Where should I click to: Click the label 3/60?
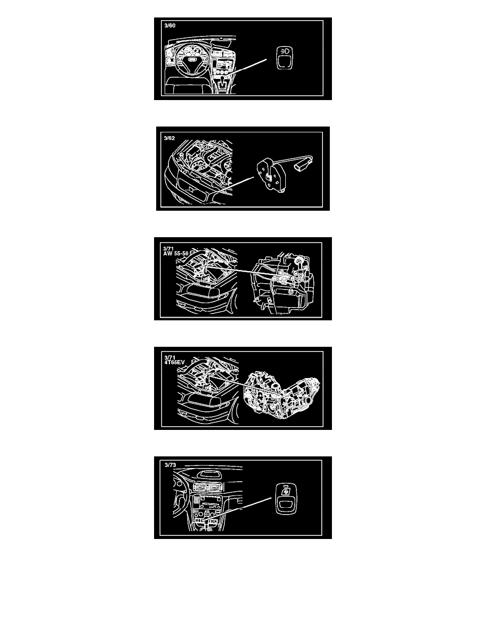click(x=169, y=25)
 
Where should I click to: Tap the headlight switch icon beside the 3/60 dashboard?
click(x=284, y=58)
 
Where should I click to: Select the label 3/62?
click(x=169, y=138)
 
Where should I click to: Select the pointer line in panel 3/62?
click(x=234, y=186)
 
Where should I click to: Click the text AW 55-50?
click(x=176, y=254)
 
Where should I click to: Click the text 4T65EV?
click(x=174, y=363)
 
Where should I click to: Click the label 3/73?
click(x=170, y=465)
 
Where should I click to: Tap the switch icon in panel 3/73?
click(x=285, y=499)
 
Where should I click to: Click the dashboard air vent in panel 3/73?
click(x=208, y=488)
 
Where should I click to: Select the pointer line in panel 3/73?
click(x=237, y=509)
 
